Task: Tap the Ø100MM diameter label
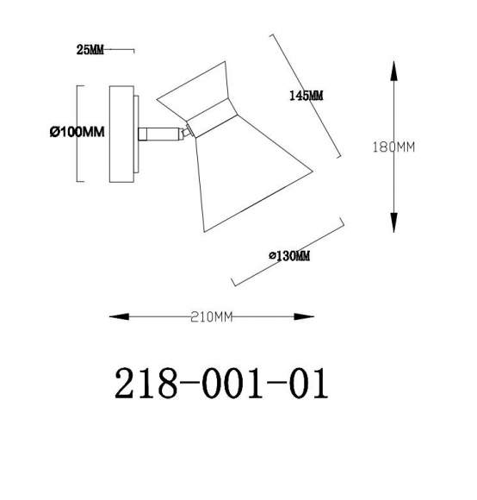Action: click(x=77, y=132)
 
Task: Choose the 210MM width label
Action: click(x=211, y=317)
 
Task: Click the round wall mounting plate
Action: click(x=121, y=133)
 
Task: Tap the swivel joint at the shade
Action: click(x=185, y=132)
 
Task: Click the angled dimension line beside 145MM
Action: click(x=307, y=95)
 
